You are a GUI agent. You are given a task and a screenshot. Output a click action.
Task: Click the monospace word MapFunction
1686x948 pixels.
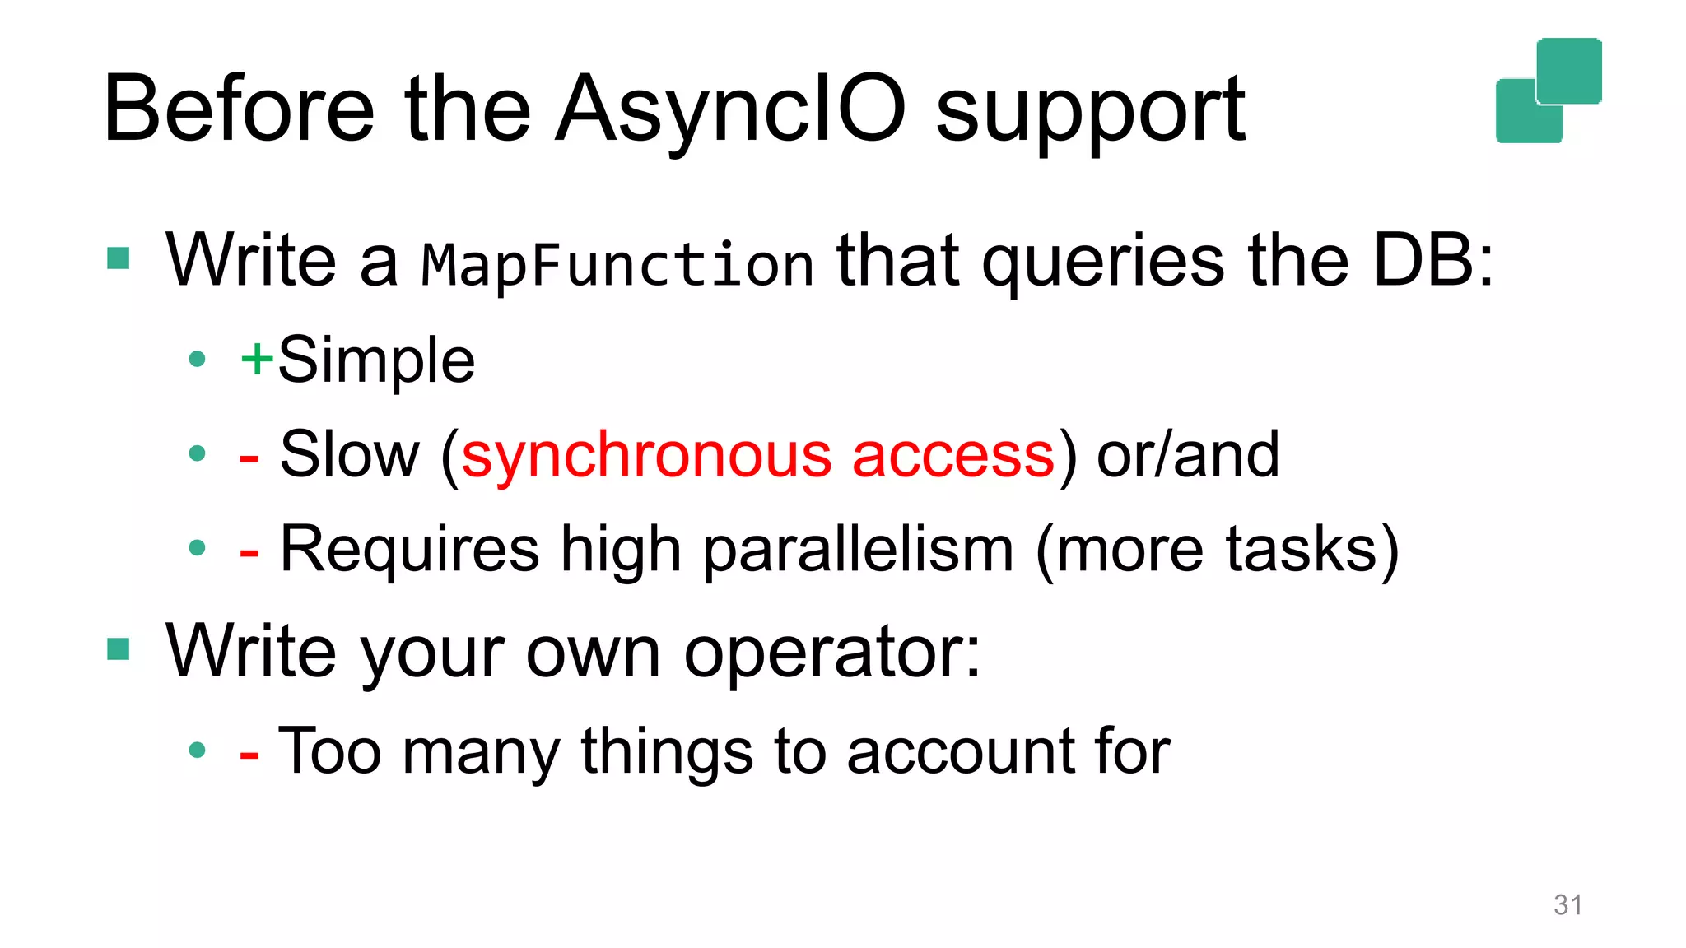pyautogui.click(x=617, y=265)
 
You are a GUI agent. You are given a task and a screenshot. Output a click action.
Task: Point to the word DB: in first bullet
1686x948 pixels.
pyautogui.click(x=1432, y=260)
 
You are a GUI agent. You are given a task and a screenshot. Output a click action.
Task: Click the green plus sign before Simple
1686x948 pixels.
pyautogui.click(x=256, y=359)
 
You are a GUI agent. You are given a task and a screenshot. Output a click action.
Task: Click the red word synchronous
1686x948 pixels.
pyautogui.click(x=646, y=455)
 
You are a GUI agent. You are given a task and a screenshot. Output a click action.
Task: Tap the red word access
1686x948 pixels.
pyautogui.click(x=952, y=455)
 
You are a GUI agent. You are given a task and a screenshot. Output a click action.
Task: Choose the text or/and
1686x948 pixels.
pyautogui.click(x=1187, y=455)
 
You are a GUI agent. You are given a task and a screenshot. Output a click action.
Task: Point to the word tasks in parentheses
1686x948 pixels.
pyautogui.click(x=1301, y=550)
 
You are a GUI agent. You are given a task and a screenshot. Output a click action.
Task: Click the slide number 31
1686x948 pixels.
pyautogui.click(x=1567, y=904)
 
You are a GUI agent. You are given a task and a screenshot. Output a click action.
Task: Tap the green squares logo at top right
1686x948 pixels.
pyautogui.click(x=1548, y=91)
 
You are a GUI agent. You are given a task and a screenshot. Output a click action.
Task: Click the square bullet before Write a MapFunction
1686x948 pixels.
pyautogui.click(x=119, y=258)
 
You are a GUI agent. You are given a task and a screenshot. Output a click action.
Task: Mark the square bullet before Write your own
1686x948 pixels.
pyautogui.click(x=119, y=649)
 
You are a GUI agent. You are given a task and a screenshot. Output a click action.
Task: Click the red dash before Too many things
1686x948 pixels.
pyautogui.click(x=249, y=753)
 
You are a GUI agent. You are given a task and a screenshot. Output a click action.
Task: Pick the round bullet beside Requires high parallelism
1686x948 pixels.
pyautogui.click(x=197, y=548)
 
